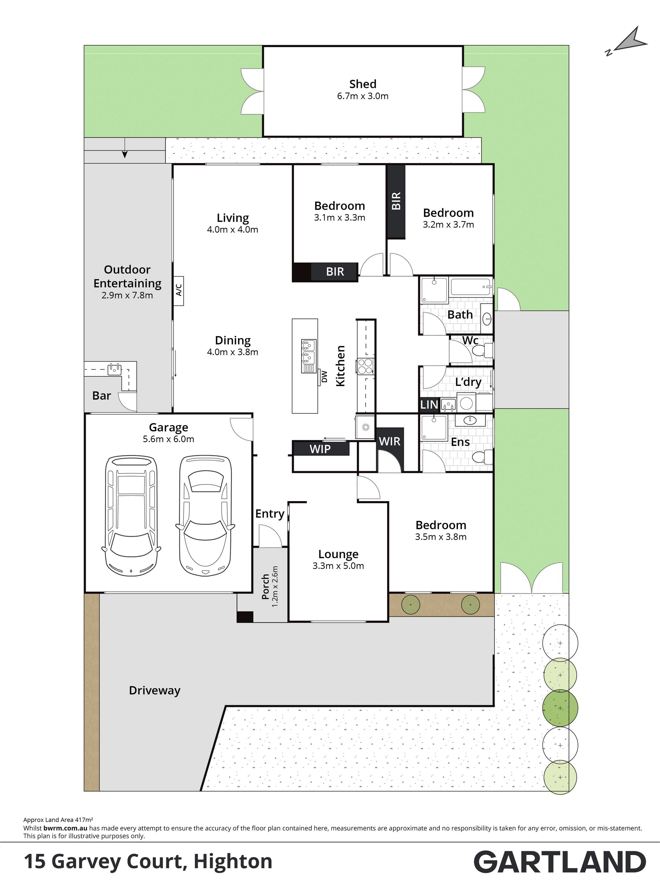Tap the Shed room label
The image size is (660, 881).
[362, 84]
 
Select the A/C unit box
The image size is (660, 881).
[179, 291]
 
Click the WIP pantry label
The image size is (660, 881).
[320, 449]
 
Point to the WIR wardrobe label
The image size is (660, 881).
[389, 441]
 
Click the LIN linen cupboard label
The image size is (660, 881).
[429, 405]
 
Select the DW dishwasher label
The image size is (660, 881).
[324, 376]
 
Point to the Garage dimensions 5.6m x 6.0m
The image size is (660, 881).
[168, 439]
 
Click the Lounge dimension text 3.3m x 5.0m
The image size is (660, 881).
[338, 566]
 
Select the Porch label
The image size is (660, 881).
[265, 587]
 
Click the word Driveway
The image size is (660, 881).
[155, 690]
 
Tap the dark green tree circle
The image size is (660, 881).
[560, 708]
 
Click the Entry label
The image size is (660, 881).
[270, 514]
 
